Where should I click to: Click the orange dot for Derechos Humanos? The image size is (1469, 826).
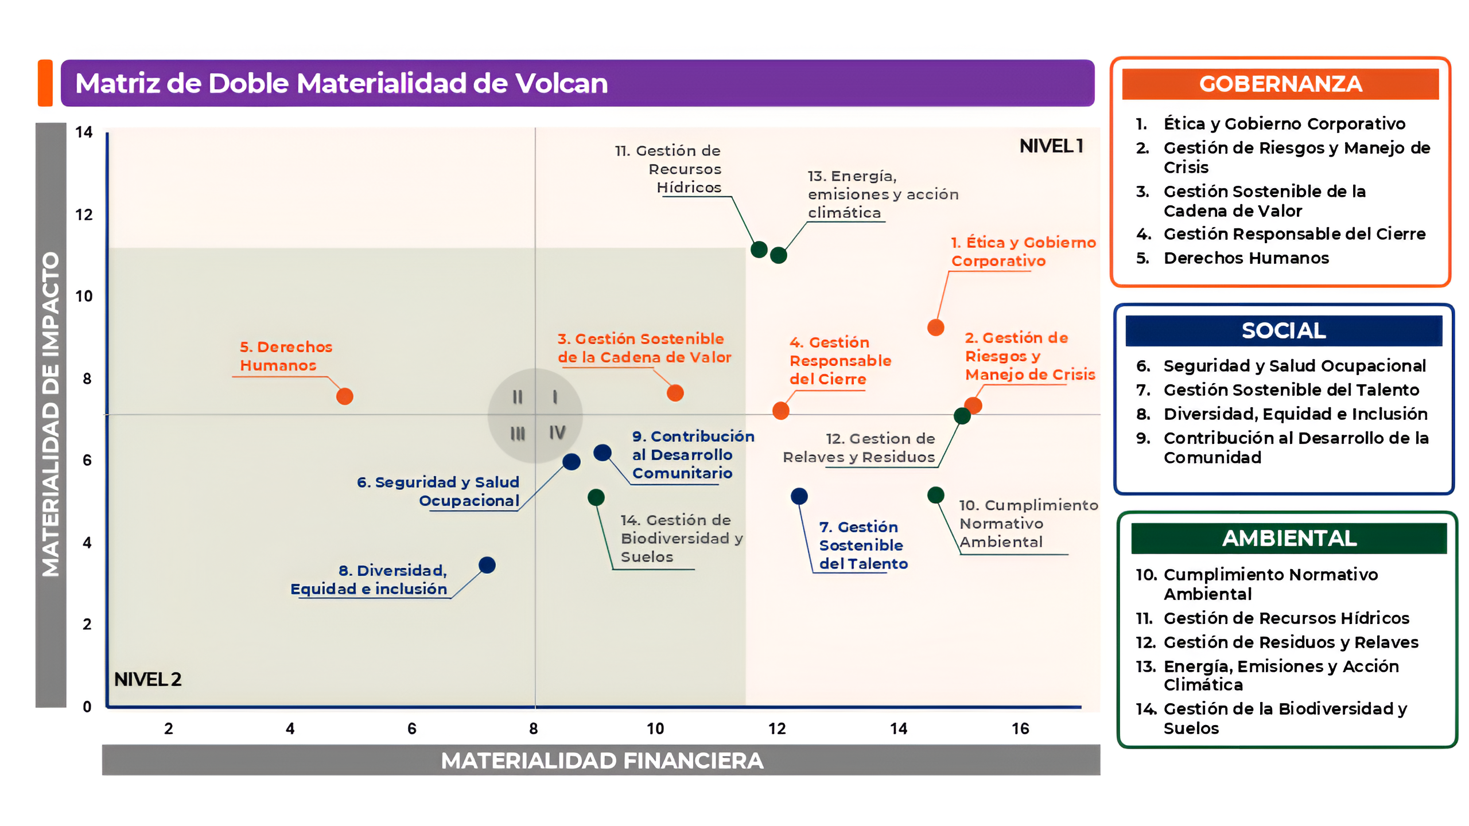pos(344,396)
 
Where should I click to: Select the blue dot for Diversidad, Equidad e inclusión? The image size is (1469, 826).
pos(487,565)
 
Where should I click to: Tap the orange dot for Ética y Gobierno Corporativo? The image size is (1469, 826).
pos(935,328)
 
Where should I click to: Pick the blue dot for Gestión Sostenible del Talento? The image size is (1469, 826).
pos(799,496)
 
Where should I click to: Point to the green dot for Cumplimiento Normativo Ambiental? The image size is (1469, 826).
pos(935,495)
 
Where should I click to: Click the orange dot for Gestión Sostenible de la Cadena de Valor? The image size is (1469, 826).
pos(675,393)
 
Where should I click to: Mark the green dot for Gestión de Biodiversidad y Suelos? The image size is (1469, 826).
pos(596,497)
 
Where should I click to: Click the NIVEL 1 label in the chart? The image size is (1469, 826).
pos(1051,146)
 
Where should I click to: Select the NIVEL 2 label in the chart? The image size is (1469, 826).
pos(147,679)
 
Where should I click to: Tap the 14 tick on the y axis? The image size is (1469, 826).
pos(84,133)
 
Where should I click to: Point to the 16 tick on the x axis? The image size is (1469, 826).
pos(1020,728)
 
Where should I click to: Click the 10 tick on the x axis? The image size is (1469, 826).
pos(655,728)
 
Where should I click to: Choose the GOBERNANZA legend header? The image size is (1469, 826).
pos(1280,84)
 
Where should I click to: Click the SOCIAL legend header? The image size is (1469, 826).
pos(1283,331)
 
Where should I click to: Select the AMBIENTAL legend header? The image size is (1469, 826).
pos(1289,539)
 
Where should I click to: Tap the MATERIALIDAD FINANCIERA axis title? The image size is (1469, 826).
pos(601,761)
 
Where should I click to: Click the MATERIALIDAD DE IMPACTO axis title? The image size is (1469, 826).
pos(50,414)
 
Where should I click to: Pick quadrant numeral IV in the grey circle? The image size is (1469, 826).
pos(557,433)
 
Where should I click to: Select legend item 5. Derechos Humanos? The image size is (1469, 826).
pos(1245,258)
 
